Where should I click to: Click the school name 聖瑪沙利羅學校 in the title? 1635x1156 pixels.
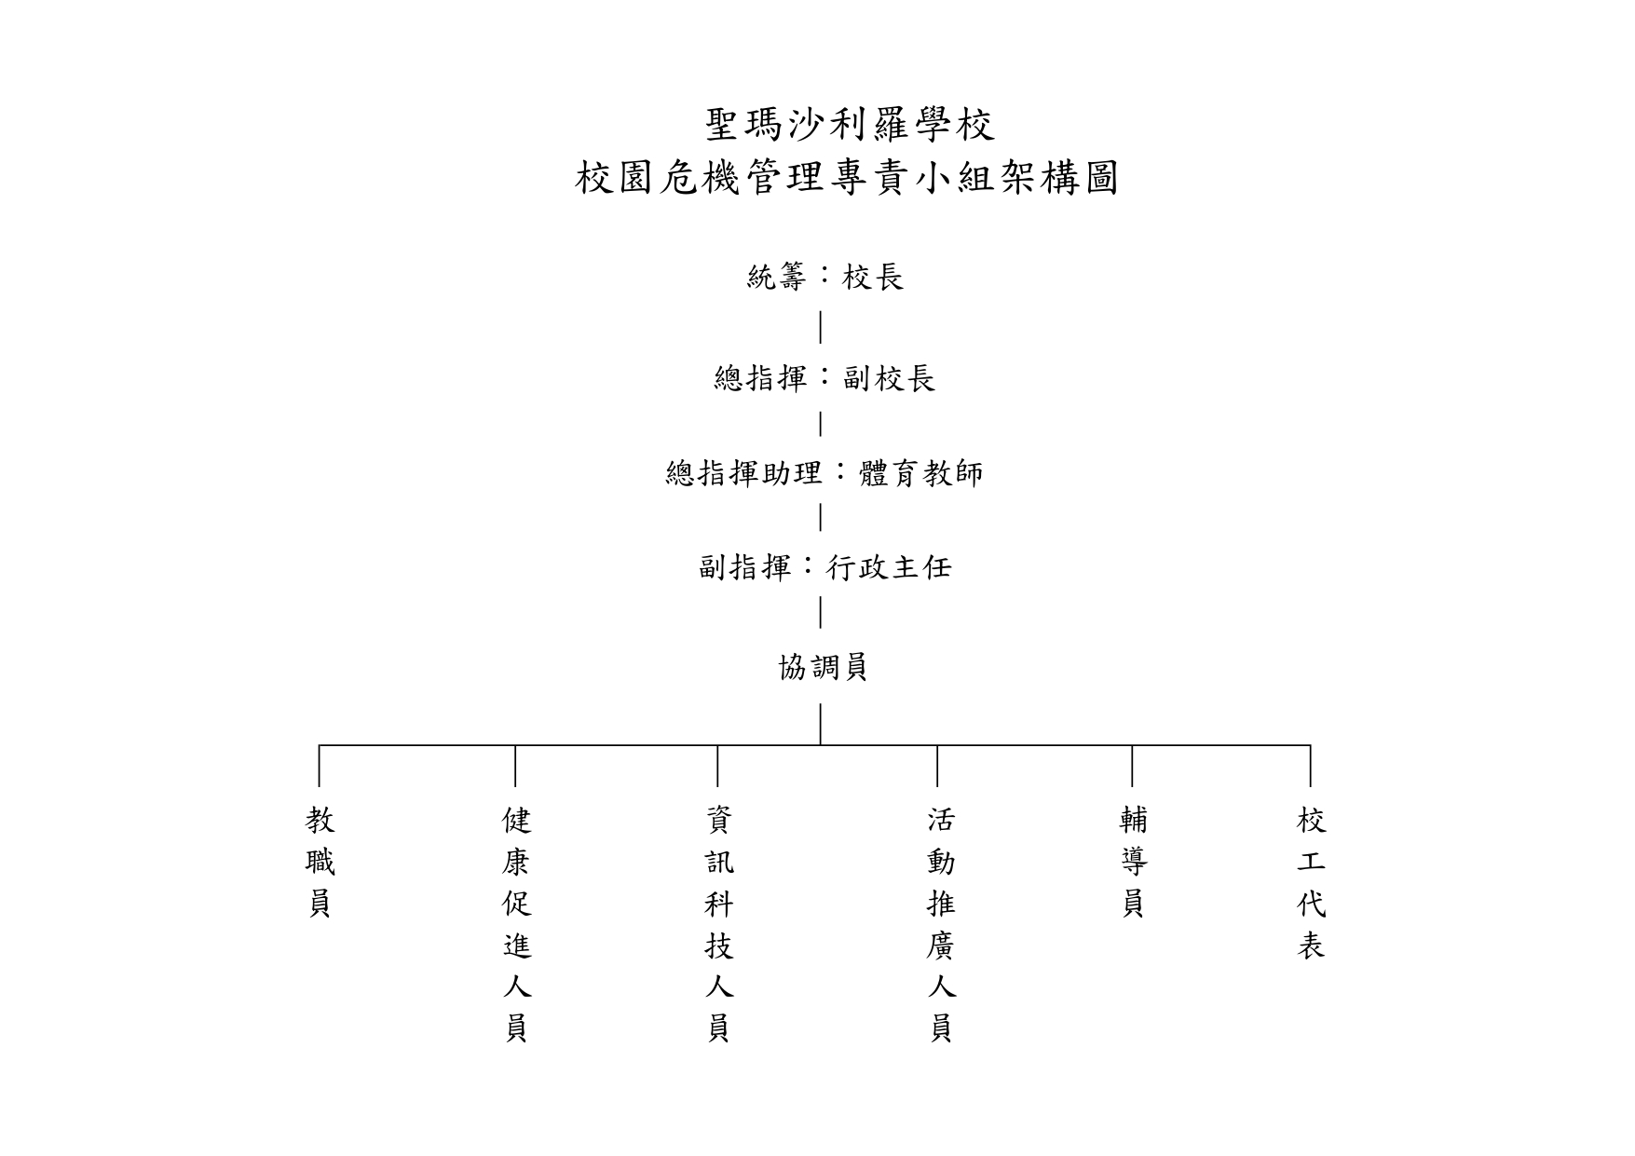pyautogui.click(x=851, y=125)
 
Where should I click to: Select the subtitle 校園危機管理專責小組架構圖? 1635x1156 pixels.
pyautogui.click(x=847, y=178)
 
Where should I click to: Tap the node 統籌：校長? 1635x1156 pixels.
pyautogui.click(x=825, y=277)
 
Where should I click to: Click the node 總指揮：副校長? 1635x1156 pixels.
pyautogui.click(x=824, y=378)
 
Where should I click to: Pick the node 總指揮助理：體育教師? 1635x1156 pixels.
pyautogui.click(x=824, y=473)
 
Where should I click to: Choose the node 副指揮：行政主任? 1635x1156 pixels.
pyautogui.click(x=825, y=567)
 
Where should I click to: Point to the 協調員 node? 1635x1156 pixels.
pyautogui.click(x=824, y=667)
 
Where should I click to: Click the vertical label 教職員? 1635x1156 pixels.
pyautogui.click(x=320, y=863)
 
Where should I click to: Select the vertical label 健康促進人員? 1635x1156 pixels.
pyautogui.click(x=516, y=925)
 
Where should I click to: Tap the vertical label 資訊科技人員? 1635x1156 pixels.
pyautogui.click(x=718, y=925)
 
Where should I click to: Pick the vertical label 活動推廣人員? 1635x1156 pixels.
pyautogui.click(x=940, y=925)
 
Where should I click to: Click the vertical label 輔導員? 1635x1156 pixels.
pyautogui.click(x=1133, y=863)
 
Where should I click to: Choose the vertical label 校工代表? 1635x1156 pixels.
pyautogui.click(x=1311, y=883)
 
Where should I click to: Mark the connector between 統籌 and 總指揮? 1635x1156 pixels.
pyautogui.click(x=820, y=327)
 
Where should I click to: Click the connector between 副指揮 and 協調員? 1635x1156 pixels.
pyautogui.click(x=820, y=612)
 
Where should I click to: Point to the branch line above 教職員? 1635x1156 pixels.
pyautogui.click(x=320, y=766)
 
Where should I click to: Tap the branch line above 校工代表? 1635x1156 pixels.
pyautogui.click(x=1311, y=766)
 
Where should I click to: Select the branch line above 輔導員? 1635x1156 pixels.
pyautogui.click(x=1132, y=766)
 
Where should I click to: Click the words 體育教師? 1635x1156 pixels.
pyautogui.click(x=920, y=473)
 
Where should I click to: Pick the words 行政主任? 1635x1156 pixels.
pyautogui.click(x=890, y=567)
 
